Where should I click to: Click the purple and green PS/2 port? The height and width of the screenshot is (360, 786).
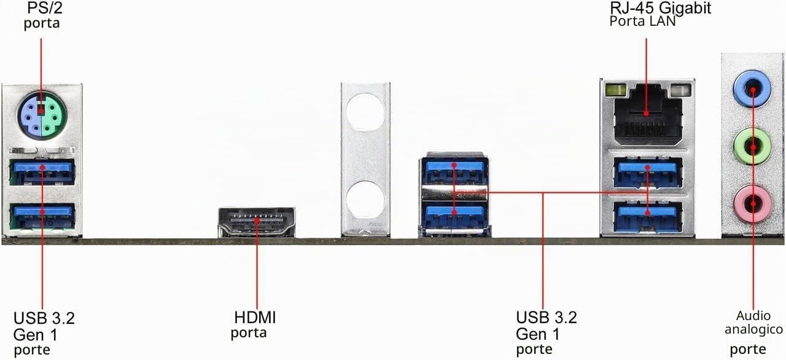click(42, 115)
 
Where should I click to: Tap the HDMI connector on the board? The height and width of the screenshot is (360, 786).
click(257, 222)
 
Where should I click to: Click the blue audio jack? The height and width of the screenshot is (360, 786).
click(752, 88)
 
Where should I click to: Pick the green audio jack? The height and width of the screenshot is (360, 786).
click(752, 147)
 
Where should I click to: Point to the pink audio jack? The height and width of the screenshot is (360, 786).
click(752, 204)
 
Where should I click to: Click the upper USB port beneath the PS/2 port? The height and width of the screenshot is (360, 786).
click(42, 171)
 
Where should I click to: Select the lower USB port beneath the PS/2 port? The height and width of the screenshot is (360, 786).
click(42, 216)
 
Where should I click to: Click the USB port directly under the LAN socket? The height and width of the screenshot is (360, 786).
click(648, 173)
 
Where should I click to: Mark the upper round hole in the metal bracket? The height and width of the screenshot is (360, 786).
click(365, 112)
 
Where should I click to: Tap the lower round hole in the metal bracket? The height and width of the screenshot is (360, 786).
click(365, 199)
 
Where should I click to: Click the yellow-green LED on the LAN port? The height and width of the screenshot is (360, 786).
click(616, 89)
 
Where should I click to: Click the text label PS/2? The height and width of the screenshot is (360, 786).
click(45, 8)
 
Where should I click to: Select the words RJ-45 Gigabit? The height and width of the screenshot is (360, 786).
click(661, 8)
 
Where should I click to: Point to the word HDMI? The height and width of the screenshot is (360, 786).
click(255, 318)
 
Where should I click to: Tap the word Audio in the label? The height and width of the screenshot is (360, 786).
click(753, 316)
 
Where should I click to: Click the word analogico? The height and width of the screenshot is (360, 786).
click(753, 330)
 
